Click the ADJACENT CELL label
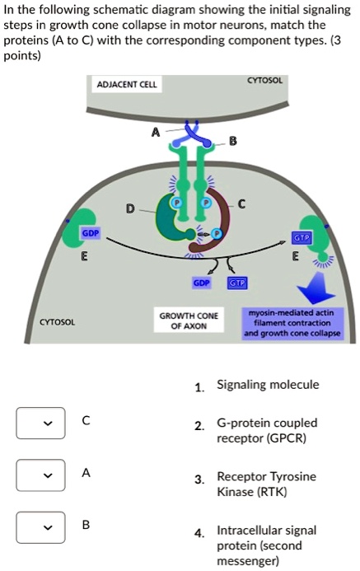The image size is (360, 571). tap(127, 85)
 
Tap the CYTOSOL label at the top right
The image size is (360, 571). tap(265, 81)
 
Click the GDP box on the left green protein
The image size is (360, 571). tap(90, 234)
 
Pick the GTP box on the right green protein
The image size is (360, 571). tap(301, 236)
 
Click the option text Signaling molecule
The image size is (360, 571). tap(267, 385)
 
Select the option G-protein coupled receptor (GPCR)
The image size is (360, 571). tap(266, 430)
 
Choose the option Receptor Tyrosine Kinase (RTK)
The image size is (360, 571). tap(266, 484)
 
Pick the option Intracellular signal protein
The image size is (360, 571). tap(266, 545)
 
